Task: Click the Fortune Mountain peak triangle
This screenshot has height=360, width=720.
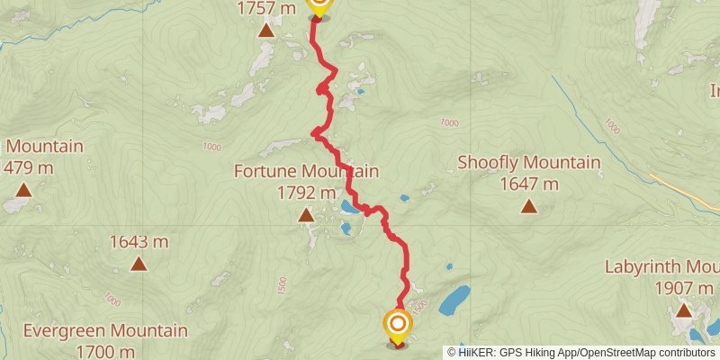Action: coord(306,214)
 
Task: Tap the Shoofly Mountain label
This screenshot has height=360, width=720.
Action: coord(528,163)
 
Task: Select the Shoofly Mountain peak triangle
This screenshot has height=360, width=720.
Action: coord(528,207)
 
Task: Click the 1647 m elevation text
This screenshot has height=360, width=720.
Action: coord(528,184)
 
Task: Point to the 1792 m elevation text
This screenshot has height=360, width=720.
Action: coord(306,192)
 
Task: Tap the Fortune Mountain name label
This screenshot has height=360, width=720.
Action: coord(306,171)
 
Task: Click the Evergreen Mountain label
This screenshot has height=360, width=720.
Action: coord(105,331)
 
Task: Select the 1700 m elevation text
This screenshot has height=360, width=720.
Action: coord(105,351)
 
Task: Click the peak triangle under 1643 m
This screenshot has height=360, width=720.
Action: coord(139,264)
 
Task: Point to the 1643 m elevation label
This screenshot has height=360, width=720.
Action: coord(139,241)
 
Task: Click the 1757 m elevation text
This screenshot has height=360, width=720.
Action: coord(266,9)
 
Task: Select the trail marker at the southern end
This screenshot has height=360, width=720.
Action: coord(397,325)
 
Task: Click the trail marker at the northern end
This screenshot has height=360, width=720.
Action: coord(319,5)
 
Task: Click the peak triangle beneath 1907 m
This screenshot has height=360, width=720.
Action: coord(684,310)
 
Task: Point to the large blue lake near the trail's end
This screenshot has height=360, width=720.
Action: coord(454,300)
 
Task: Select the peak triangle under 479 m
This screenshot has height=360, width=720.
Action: coord(22,190)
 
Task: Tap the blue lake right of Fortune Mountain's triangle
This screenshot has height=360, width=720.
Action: coord(346,211)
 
